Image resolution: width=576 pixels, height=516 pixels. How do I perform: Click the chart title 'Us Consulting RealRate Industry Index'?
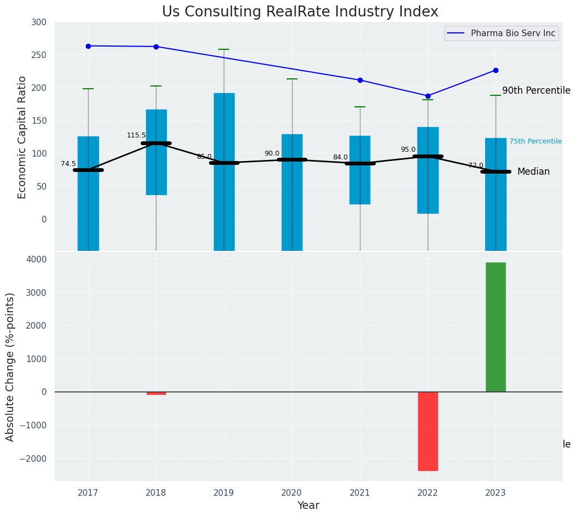click(300, 12)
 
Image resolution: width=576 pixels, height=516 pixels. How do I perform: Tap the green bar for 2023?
click(496, 327)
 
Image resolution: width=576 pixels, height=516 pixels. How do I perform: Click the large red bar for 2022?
click(428, 431)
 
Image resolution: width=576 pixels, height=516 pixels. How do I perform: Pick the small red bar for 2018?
click(156, 393)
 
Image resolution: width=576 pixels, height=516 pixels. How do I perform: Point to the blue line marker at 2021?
click(360, 80)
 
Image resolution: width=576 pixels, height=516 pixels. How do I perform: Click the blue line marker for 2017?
click(88, 46)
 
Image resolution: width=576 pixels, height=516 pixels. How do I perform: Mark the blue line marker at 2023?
click(496, 70)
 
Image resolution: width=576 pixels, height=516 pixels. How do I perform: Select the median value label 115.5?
click(136, 135)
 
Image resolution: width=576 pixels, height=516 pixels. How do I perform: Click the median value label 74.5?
click(68, 164)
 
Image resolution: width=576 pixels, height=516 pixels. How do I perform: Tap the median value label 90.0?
click(272, 153)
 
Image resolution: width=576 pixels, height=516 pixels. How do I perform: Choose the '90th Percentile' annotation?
click(536, 91)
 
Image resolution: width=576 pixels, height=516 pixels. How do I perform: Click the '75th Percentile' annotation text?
click(536, 141)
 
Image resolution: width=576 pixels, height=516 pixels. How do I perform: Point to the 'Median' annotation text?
click(533, 172)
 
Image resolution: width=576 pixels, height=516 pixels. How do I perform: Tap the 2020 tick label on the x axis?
click(292, 493)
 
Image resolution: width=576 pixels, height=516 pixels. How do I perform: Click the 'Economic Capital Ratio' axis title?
click(22, 137)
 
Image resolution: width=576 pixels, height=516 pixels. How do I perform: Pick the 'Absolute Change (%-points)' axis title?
click(10, 366)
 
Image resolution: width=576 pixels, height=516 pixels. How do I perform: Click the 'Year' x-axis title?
click(308, 506)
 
